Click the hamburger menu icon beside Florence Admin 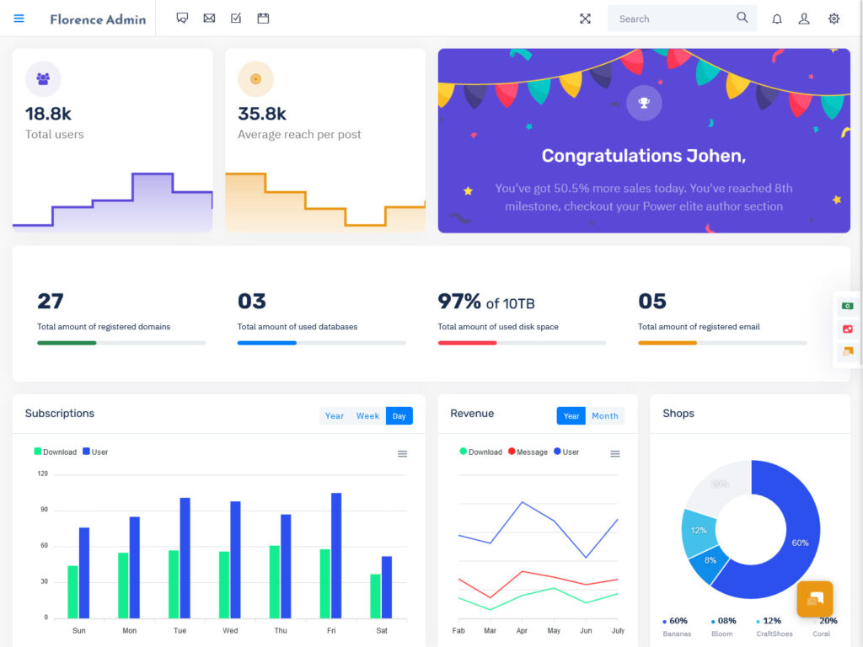click(x=19, y=19)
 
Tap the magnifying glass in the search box click(x=742, y=18)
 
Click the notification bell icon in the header click(x=777, y=19)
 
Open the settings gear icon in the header click(x=834, y=19)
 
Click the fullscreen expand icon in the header click(x=585, y=19)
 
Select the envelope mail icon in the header click(x=209, y=19)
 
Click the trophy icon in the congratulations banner click(x=644, y=103)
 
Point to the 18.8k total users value click(x=48, y=114)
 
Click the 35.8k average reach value click(x=262, y=114)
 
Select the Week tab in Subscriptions click(x=367, y=416)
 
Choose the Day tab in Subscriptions click(x=399, y=416)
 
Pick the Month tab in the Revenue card click(x=604, y=416)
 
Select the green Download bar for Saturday click(x=375, y=596)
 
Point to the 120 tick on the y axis click(x=43, y=473)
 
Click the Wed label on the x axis click(x=230, y=630)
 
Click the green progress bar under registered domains click(x=67, y=343)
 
